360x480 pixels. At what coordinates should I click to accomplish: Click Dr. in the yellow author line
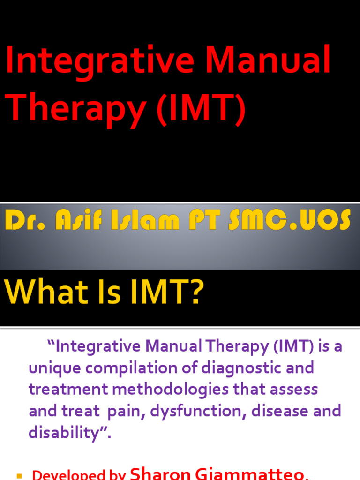(x=22, y=220)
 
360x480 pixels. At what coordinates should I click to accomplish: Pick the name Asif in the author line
(x=70, y=220)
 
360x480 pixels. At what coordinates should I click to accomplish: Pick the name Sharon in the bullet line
(x=159, y=473)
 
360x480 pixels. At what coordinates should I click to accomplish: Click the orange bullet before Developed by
(x=19, y=476)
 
